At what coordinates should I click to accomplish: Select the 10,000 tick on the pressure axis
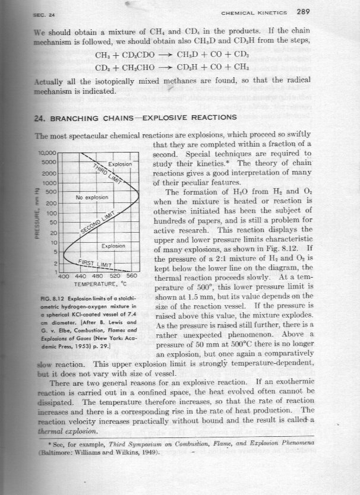[x=46, y=153]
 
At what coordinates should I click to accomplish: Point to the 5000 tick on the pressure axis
[x=48, y=161]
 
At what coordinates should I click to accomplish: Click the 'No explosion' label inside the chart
[x=91, y=196]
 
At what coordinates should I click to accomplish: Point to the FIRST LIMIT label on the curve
[x=98, y=263]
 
